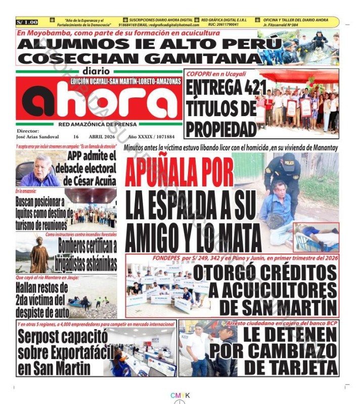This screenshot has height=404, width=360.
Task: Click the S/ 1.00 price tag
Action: point(27,22)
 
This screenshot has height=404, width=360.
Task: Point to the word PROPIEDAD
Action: point(221,128)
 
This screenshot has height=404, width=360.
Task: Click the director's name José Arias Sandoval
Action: point(37,137)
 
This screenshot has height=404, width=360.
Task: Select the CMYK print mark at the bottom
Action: point(180,395)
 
